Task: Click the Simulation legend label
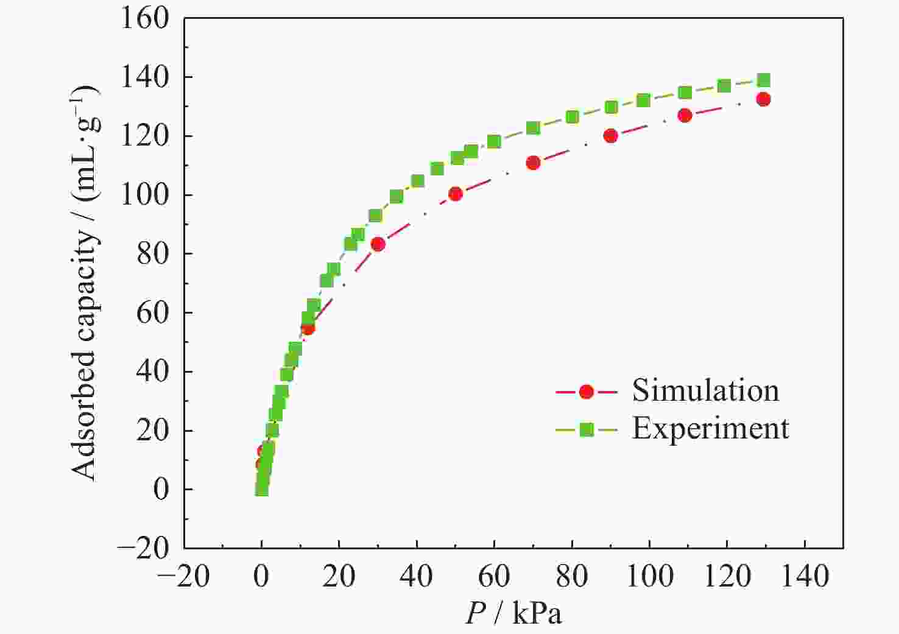705,390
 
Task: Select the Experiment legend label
710,429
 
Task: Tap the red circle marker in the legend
586,392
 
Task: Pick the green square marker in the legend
586,430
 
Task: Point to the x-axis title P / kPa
513,614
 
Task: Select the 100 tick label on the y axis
145,195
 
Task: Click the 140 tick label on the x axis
805,576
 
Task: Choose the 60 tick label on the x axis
494,576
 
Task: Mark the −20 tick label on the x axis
183,576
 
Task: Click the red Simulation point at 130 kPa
763,99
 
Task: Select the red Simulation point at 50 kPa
456,194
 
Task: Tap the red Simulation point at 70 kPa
533,163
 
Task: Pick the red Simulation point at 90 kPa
610,136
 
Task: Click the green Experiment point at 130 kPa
763,80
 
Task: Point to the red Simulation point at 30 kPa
378,244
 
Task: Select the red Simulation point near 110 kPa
685,116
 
